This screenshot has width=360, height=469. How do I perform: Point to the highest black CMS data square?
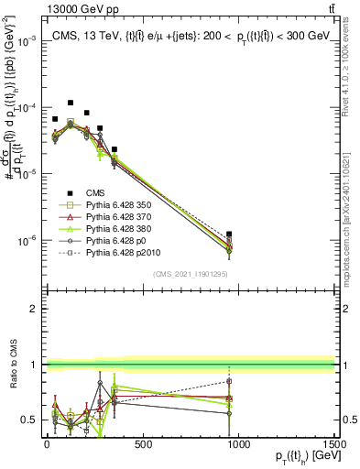pos(71,104)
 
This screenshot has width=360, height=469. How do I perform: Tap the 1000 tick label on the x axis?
pos(239,444)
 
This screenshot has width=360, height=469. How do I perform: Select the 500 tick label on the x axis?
pos(143,444)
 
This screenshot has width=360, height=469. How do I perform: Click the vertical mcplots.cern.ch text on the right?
pos(352,202)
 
